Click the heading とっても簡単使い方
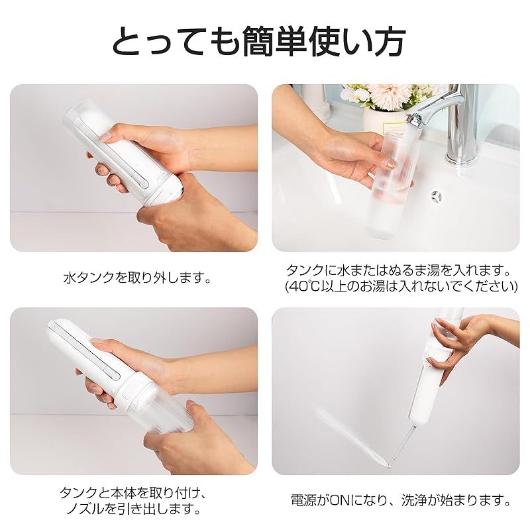[x=258, y=41]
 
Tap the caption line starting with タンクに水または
[x=400, y=270]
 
